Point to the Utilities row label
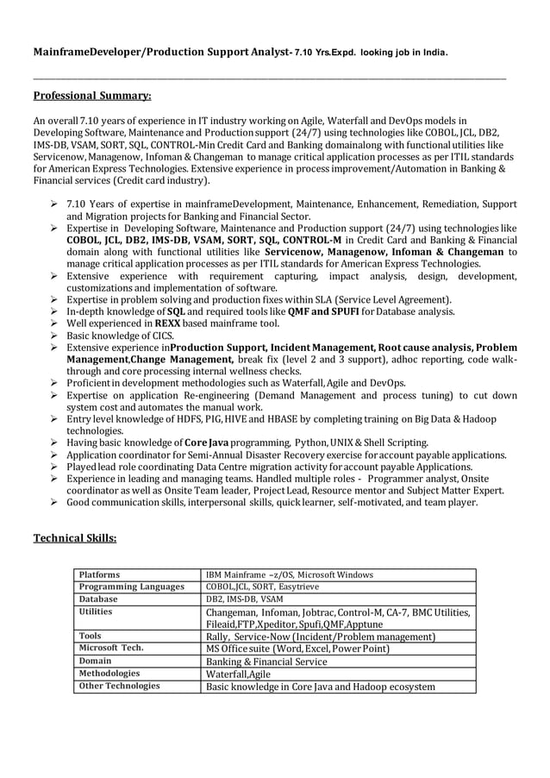pos(96,612)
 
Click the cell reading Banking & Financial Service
pos(266,662)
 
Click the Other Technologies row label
pos(119,686)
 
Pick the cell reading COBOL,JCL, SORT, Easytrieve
pos(262,587)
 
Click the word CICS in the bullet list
pos(160,336)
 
